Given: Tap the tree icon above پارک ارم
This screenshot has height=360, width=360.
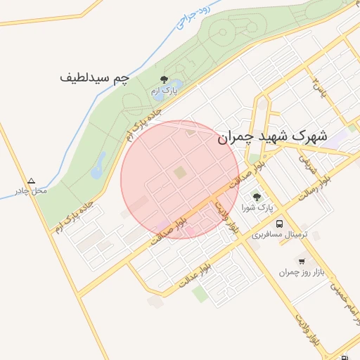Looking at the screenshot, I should (165, 80).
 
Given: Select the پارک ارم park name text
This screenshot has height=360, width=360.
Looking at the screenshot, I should (165, 91).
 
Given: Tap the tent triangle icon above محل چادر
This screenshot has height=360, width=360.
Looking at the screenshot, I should (30, 181).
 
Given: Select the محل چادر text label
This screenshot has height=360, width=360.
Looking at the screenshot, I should (30, 191).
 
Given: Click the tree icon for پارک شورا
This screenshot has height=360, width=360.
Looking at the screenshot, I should (256, 198).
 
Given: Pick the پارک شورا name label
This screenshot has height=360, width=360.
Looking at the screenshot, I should (256, 209).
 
